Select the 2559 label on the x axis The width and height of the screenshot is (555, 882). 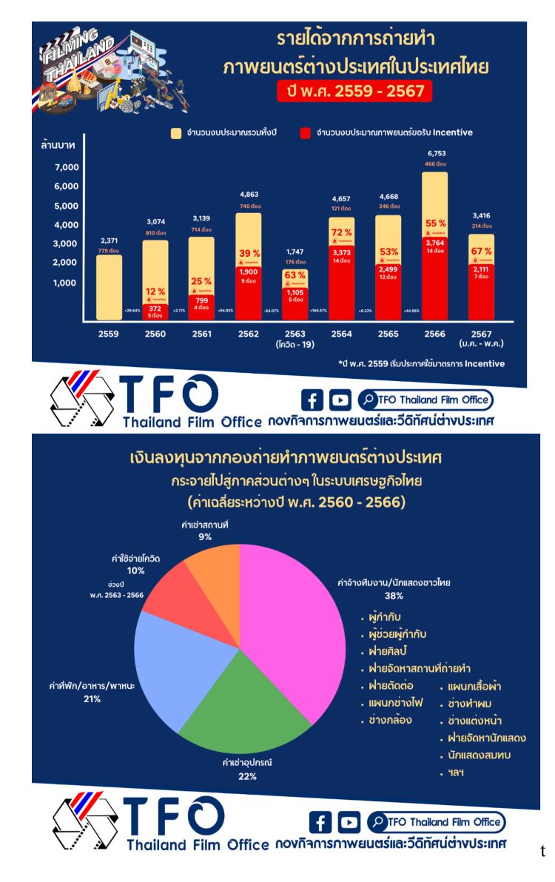pyautogui.click(x=108, y=334)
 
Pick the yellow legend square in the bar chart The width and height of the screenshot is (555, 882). pyautogui.click(x=176, y=133)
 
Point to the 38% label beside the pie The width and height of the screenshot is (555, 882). pyautogui.click(x=394, y=594)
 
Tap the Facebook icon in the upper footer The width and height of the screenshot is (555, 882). pyautogui.click(x=313, y=400)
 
